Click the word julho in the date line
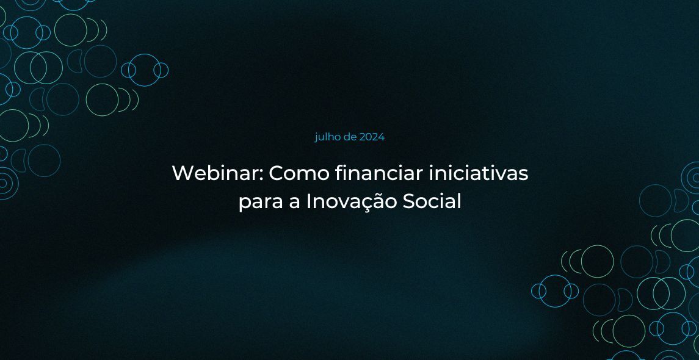click(328, 137)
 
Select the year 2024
click(372, 137)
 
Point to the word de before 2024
click(350, 137)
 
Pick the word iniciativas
click(479, 173)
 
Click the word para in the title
click(258, 203)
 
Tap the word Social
click(432, 201)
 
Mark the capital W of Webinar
click(183, 173)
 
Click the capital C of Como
click(277, 173)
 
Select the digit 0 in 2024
click(369, 138)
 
